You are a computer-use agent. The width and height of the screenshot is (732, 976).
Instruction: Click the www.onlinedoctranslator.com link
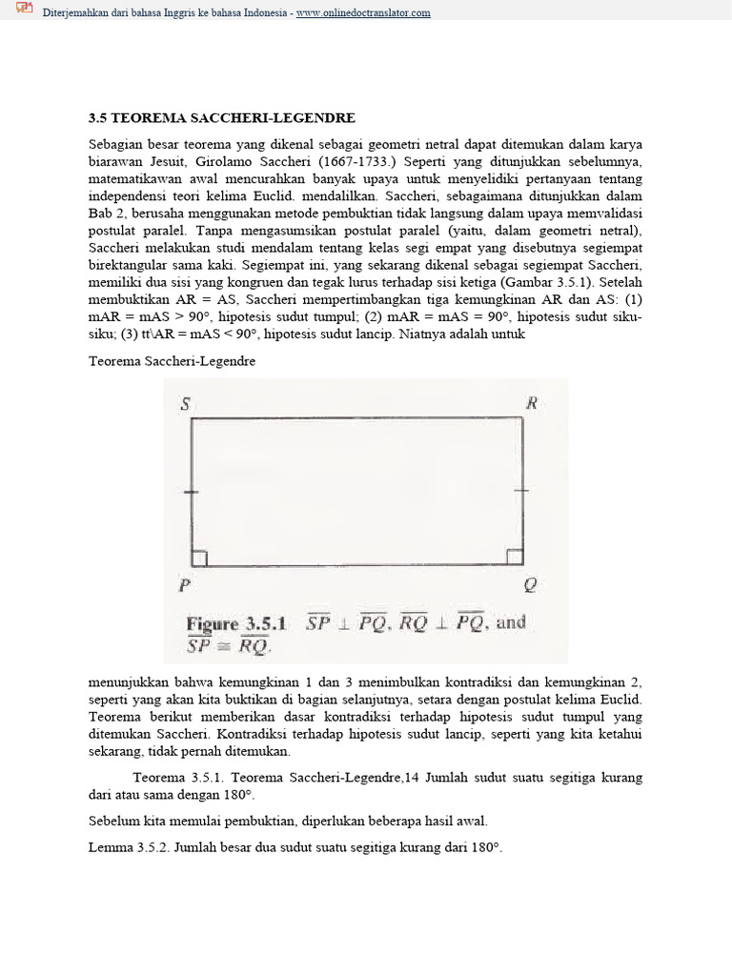pos(363,12)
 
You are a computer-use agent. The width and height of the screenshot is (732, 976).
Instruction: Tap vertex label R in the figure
pos(532,402)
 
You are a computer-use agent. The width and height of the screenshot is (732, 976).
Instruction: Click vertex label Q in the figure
pos(531,585)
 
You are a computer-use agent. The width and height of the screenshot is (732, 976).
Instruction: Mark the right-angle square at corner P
pos(199,558)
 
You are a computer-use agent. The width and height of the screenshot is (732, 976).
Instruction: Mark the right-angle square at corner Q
pos(515,558)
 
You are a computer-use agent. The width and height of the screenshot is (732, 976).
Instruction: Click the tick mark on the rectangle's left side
pos(192,492)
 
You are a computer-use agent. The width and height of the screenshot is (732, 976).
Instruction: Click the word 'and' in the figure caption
pos(511,622)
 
